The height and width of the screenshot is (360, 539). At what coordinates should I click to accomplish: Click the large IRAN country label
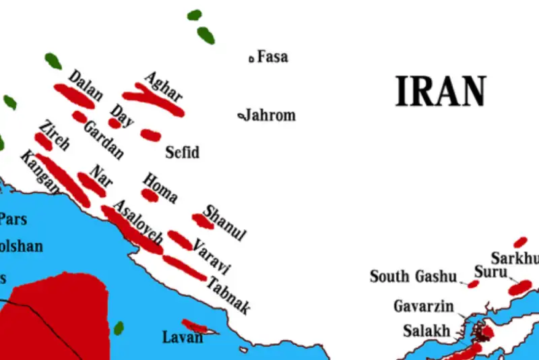coord(441,92)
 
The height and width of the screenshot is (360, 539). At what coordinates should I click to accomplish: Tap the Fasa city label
coord(272,57)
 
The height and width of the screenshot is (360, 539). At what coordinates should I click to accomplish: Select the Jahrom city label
coord(269,115)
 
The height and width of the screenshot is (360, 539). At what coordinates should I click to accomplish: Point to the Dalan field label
coord(86,85)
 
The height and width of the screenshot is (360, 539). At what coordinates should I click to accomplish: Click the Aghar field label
coord(164,87)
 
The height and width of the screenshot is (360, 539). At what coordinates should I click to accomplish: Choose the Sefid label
coord(183,152)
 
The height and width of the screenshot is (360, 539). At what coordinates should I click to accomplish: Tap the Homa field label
coord(160,187)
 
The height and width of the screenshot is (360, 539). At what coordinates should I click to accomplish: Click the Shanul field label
coord(225,222)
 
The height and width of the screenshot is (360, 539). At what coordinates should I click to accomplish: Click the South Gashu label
coord(413,276)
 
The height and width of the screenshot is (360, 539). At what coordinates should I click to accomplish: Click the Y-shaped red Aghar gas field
coord(152,100)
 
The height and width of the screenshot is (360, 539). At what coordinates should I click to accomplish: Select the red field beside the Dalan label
coord(74,96)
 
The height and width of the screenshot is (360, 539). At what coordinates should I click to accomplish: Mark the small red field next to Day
coord(115,123)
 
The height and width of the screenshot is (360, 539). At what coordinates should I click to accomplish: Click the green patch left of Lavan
coord(119,328)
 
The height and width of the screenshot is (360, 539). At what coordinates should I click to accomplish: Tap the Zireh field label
coord(54,135)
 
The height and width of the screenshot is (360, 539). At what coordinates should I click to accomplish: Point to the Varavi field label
coord(212,255)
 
